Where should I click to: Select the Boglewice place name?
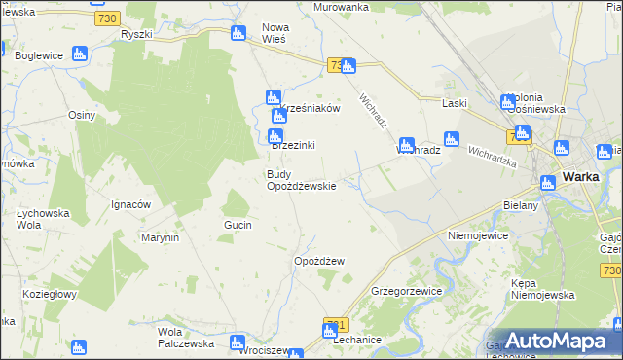pyautogui.click(x=40, y=55)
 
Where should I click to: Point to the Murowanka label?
pyautogui.click(x=341, y=7)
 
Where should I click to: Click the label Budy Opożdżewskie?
pyautogui.click(x=302, y=180)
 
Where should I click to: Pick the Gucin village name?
pyautogui.click(x=238, y=225)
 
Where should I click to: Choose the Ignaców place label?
pyautogui.click(x=129, y=204)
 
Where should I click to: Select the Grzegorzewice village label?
pyautogui.click(x=407, y=291)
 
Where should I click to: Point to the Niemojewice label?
pyautogui.click(x=479, y=235)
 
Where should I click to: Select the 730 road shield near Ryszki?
pyautogui.click(x=109, y=18)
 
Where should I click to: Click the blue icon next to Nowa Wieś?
pyautogui.click(x=238, y=34)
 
